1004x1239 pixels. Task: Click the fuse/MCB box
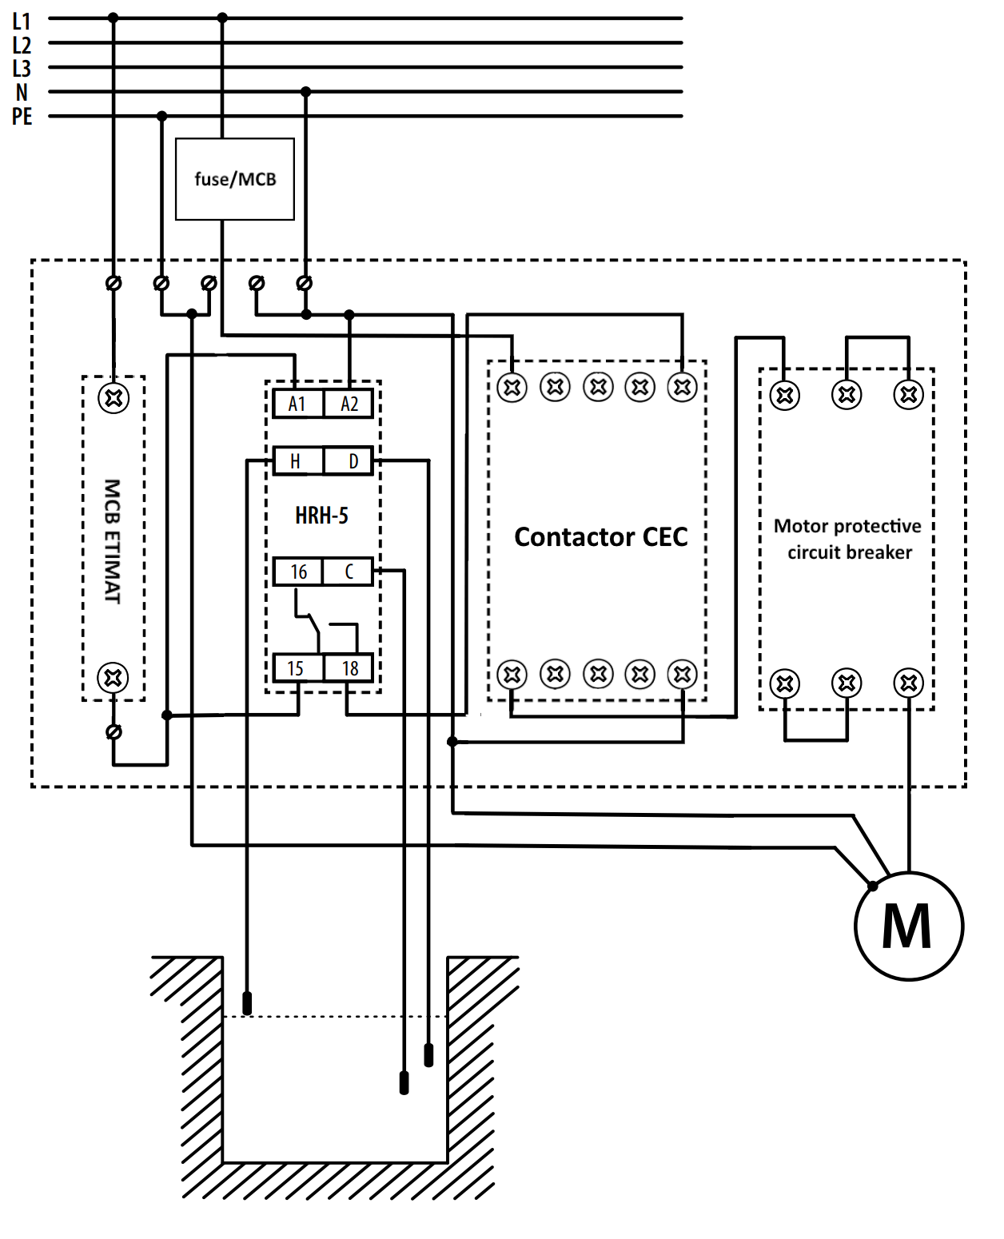coord(235,179)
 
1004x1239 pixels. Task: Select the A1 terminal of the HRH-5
coord(297,404)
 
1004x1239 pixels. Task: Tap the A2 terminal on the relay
coord(349,404)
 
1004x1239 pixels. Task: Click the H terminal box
coord(297,461)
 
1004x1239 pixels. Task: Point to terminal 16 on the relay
coord(298,572)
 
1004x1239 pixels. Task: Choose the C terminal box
coord(349,572)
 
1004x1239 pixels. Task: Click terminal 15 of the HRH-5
coord(297,668)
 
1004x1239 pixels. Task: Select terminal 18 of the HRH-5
coord(349,668)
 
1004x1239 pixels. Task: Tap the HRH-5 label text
coord(321,516)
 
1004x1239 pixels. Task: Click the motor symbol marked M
coord(908,926)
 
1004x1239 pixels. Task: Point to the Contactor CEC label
coord(600,536)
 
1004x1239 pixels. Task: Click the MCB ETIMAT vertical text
coord(113,541)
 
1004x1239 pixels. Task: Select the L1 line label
coord(22,21)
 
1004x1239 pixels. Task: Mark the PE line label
coord(22,117)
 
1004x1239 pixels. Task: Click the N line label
coord(22,93)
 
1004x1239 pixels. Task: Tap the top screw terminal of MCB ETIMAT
coord(113,398)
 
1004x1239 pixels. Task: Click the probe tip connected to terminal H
coord(247,1003)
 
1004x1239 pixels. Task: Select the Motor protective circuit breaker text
coord(848,539)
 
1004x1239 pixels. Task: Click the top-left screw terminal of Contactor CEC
coord(512,388)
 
